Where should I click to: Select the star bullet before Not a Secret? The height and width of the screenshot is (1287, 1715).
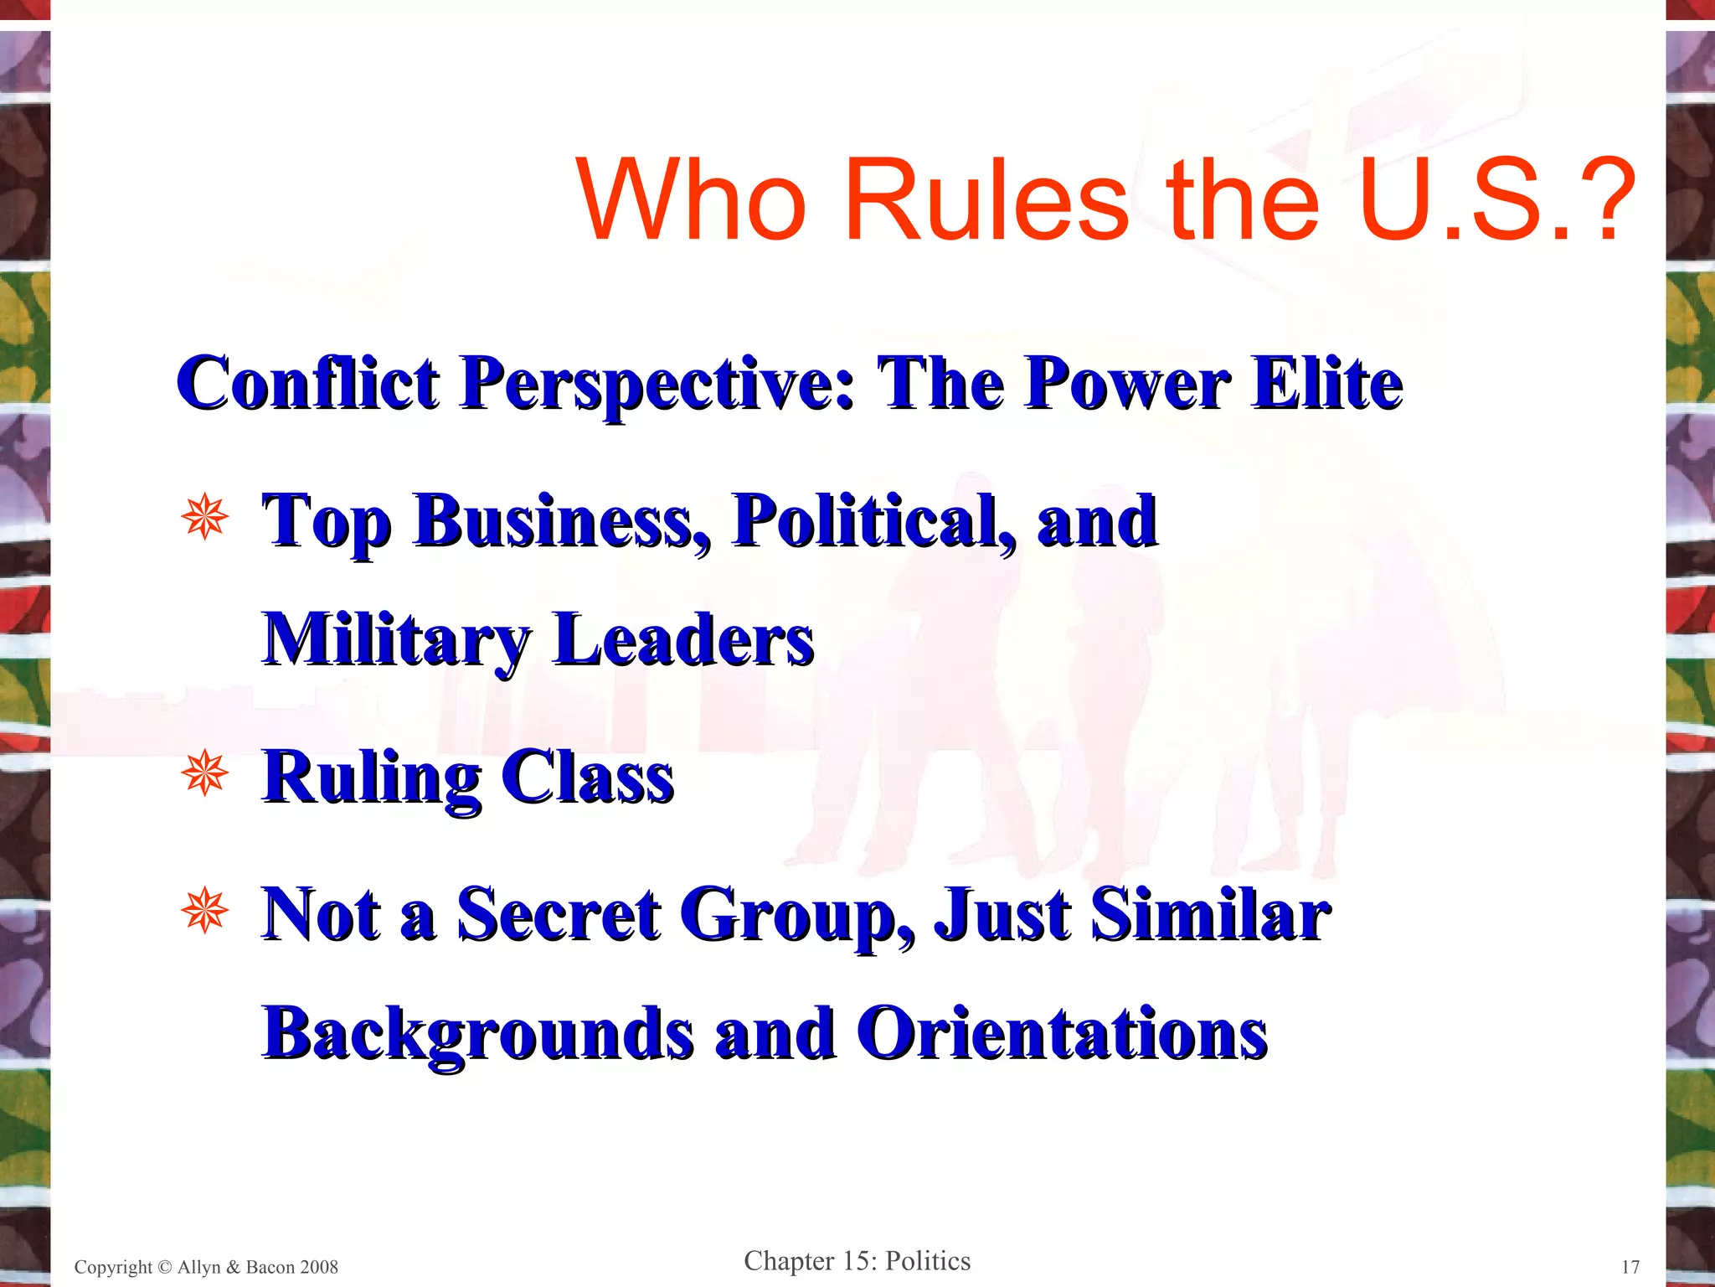(203, 911)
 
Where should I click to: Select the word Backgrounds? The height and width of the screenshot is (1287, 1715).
(478, 1034)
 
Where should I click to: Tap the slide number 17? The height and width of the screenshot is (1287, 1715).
(1630, 1267)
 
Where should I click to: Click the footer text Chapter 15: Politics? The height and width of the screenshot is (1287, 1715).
(857, 1261)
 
